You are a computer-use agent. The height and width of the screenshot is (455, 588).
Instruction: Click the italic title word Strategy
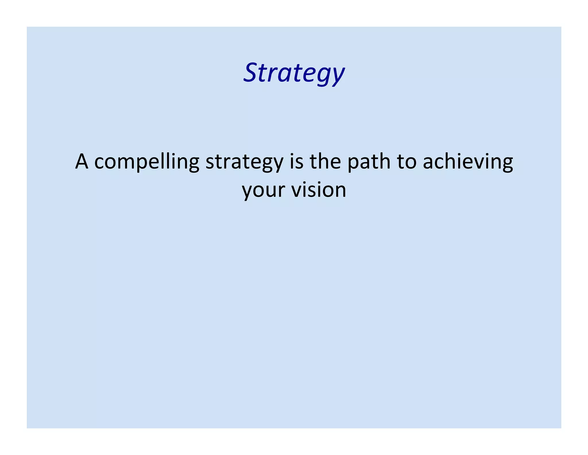point(294,73)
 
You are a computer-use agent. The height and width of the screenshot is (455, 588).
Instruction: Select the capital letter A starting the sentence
point(82,162)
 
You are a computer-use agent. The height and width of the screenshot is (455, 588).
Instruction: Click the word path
point(369,162)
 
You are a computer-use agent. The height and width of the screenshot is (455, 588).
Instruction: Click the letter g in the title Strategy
point(321,76)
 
